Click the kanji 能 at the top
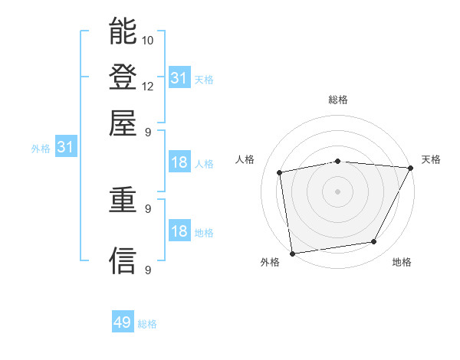123,31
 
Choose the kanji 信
123,261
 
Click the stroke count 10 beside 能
148,40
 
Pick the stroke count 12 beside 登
148,86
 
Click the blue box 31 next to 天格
179,78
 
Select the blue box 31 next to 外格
65,148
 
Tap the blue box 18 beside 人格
179,163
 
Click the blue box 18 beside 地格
179,232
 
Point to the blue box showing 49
123,322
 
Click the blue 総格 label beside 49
147,324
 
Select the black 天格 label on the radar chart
431,159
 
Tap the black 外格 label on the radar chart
270,263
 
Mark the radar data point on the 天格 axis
411,168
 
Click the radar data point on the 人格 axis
280,172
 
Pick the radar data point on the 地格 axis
374,242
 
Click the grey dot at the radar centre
338,191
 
